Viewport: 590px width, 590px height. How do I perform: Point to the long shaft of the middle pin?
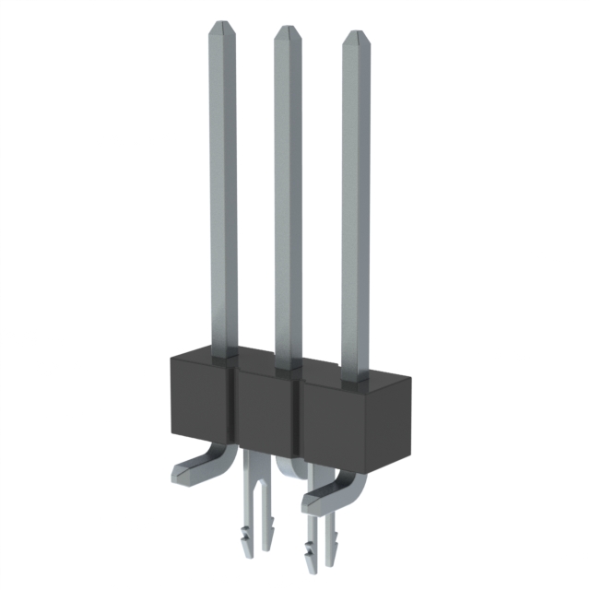coord(288,194)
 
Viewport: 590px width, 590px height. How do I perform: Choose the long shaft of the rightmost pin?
coord(356,203)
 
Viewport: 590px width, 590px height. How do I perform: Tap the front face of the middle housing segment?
coord(265,411)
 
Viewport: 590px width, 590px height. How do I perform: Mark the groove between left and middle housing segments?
coord(232,406)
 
